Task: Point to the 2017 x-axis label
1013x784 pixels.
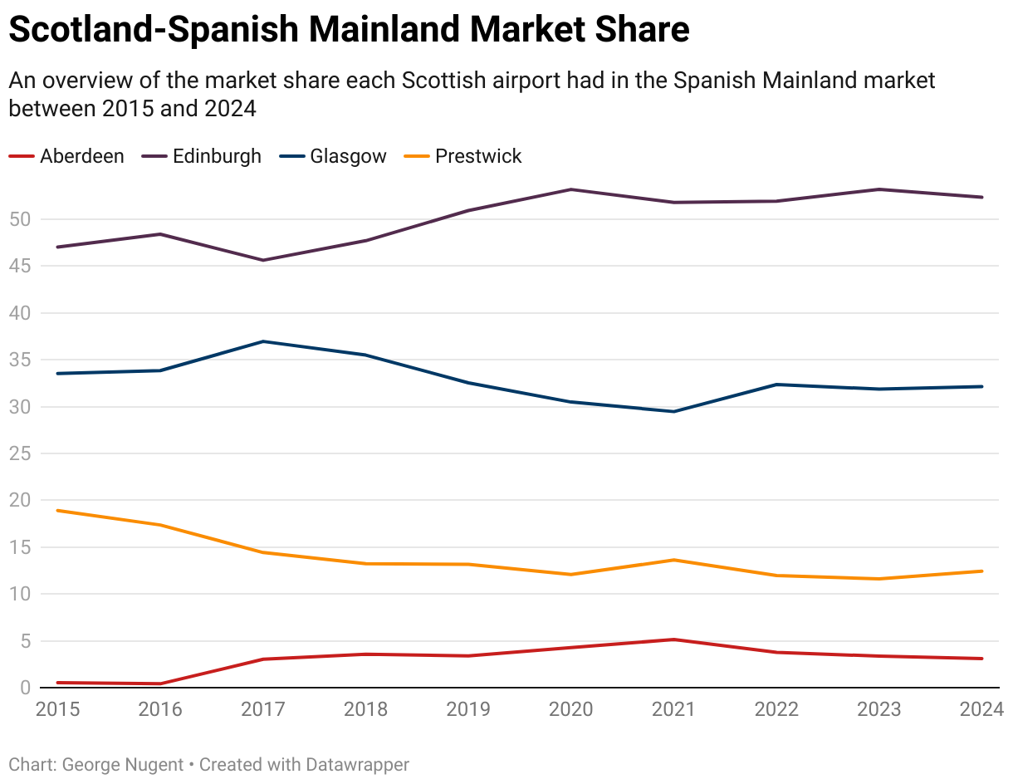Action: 263,709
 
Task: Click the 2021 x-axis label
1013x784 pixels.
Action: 673,709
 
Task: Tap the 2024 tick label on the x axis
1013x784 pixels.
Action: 982,709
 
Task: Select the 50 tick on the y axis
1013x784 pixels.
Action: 20,219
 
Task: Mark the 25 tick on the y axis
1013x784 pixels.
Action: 20,453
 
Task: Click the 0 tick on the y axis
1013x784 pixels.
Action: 25,688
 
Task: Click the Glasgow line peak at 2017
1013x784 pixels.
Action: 263,341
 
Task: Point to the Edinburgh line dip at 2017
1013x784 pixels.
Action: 263,260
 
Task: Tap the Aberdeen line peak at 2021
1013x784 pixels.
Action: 673,639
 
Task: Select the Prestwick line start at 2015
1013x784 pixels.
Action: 58,510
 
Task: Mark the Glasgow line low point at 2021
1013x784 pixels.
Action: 673,411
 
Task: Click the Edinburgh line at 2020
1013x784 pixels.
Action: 571,189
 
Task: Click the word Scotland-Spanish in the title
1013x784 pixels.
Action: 154,31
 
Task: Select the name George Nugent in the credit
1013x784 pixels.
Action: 123,764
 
